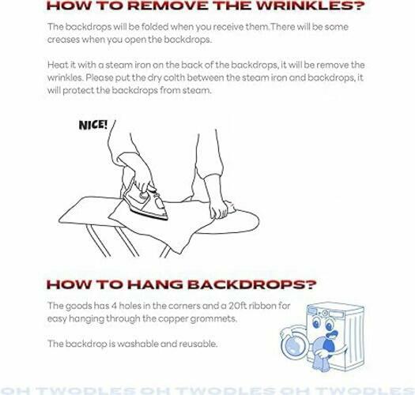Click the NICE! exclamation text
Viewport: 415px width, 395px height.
[x=93, y=125]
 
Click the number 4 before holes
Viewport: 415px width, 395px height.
[x=114, y=306]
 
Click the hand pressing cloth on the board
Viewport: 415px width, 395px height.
[x=219, y=208]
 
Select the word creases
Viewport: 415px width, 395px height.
[x=63, y=40]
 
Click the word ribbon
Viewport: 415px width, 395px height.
[x=262, y=306]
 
